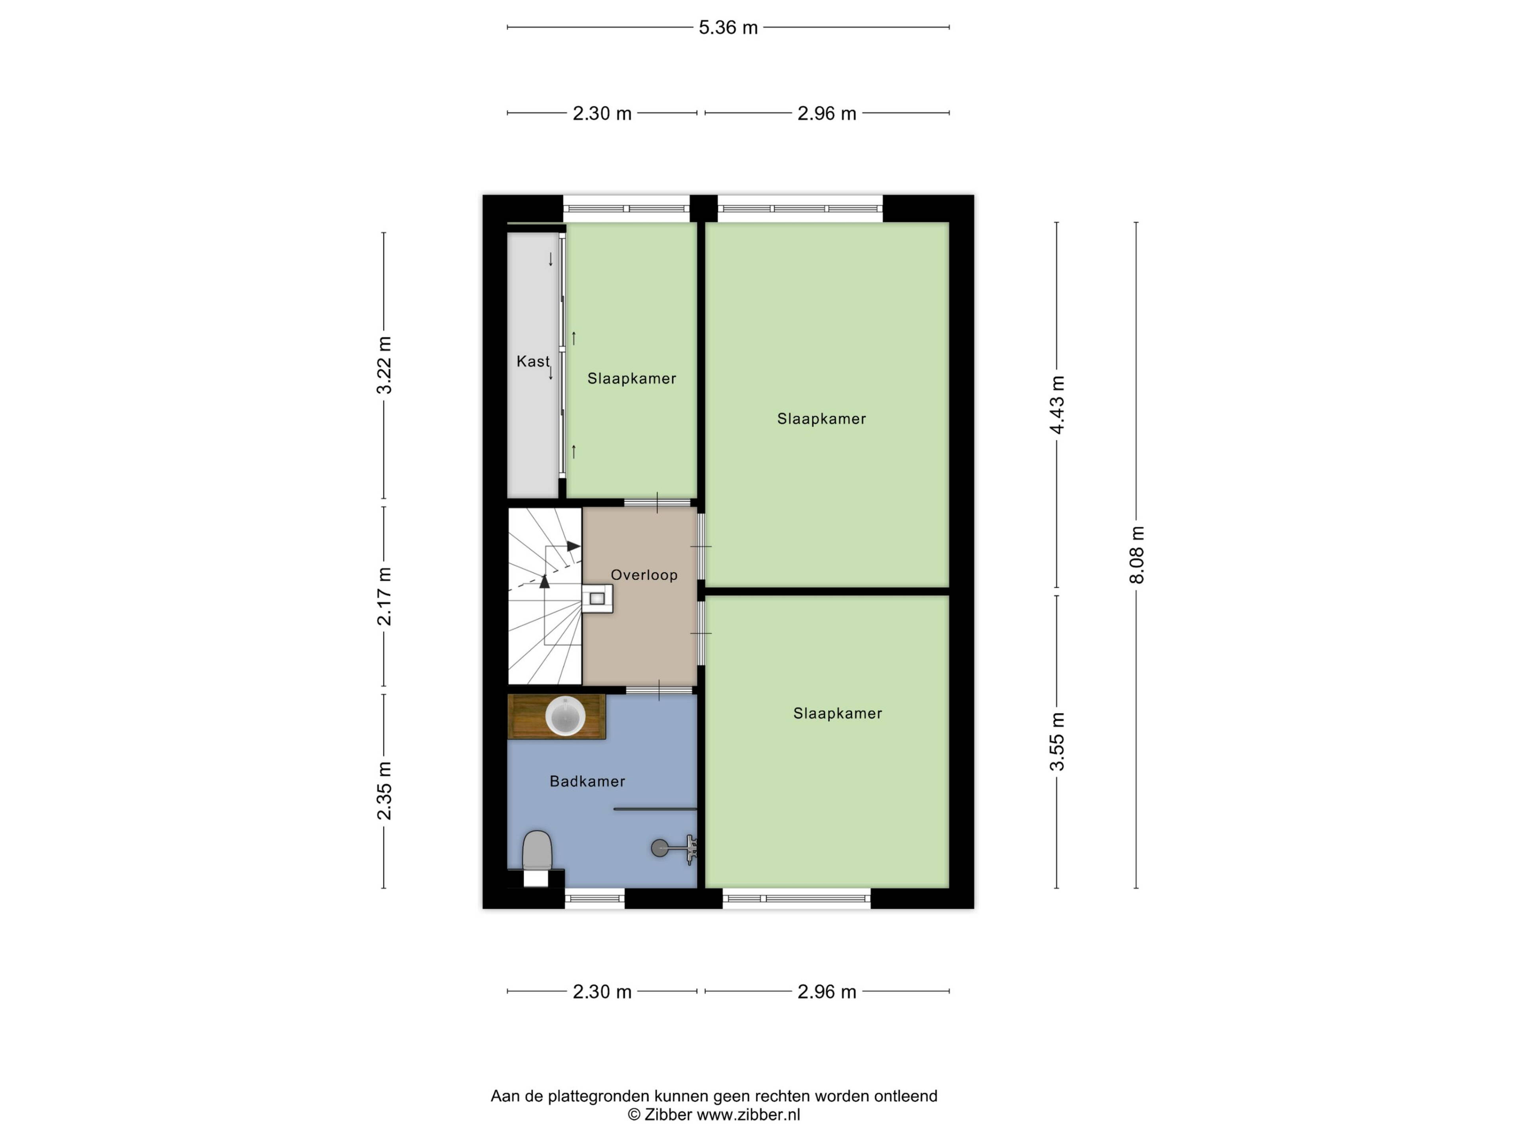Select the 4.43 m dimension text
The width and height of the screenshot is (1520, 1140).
tap(1057, 405)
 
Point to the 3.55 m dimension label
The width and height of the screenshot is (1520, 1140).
tap(1057, 741)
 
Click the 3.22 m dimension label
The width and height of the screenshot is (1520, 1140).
tap(384, 365)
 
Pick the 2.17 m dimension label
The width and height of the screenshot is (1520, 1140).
tap(384, 597)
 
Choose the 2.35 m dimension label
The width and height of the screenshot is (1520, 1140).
tap(384, 791)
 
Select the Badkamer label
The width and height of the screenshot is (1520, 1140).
tap(587, 781)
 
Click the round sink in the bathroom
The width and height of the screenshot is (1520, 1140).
tap(565, 716)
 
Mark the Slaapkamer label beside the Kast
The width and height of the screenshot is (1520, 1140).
tap(631, 379)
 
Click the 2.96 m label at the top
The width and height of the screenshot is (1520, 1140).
tap(826, 113)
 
